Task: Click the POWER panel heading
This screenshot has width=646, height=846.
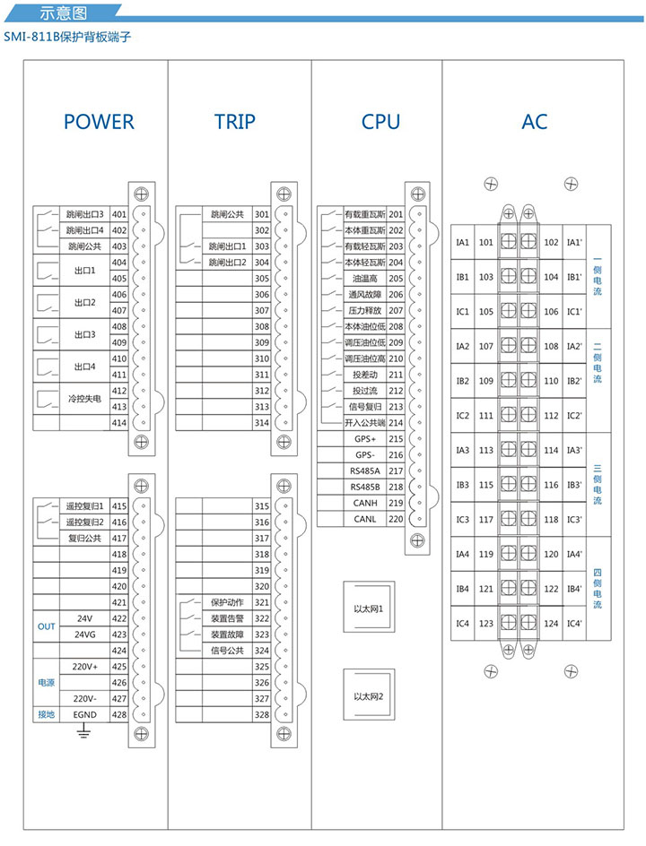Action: pos(99,122)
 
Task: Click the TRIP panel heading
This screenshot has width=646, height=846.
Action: pos(235,122)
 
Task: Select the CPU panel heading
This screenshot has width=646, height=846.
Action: pos(380,122)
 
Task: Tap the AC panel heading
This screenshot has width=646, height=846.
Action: pos(534,122)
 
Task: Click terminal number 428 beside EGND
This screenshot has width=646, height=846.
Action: pos(118,714)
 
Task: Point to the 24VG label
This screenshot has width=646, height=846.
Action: pos(85,634)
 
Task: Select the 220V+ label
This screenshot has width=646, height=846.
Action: pos(85,667)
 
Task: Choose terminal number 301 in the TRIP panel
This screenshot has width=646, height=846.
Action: pos(262,215)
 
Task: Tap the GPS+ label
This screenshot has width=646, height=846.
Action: pos(365,439)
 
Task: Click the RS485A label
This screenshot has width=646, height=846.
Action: pos(365,470)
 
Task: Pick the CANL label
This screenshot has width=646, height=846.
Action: pos(365,519)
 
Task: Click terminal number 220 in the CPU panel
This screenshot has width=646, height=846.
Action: pos(396,519)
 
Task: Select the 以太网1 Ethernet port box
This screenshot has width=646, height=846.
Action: pos(369,609)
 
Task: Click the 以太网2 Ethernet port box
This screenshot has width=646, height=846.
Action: pos(369,696)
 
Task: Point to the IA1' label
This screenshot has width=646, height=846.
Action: pos(575,243)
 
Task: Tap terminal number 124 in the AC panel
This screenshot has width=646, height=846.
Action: pos(551,624)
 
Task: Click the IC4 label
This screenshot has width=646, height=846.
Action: pos(463,624)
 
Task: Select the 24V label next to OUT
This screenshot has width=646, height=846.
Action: pos(85,618)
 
